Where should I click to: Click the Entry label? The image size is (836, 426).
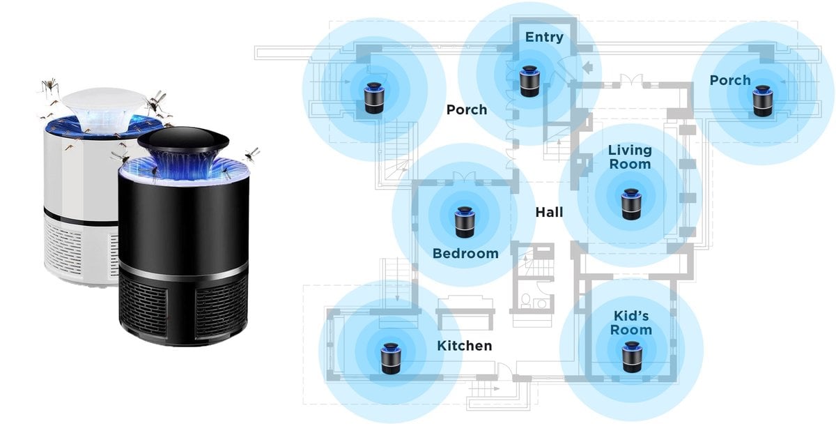pyautogui.click(x=544, y=37)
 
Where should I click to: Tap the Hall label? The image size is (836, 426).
pyautogui.click(x=549, y=212)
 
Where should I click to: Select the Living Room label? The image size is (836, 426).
pyautogui.click(x=630, y=157)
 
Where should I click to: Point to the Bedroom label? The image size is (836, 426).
pyautogui.click(x=465, y=253)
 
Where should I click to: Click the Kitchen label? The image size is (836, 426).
pyautogui.click(x=464, y=345)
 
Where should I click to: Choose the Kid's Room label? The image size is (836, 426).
pyautogui.click(x=631, y=323)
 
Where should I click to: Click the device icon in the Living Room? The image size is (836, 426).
pyautogui.click(x=631, y=202)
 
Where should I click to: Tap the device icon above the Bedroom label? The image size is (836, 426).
pyautogui.click(x=465, y=220)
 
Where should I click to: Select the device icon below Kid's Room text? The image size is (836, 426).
pyautogui.click(x=631, y=356)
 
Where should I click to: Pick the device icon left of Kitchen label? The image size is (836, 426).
pyautogui.click(x=389, y=357)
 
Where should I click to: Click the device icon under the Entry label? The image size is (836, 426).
pyautogui.click(x=529, y=80)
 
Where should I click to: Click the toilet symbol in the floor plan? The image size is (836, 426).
pyautogui.click(x=526, y=301)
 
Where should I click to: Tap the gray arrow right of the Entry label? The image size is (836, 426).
pyautogui.click(x=589, y=68)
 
